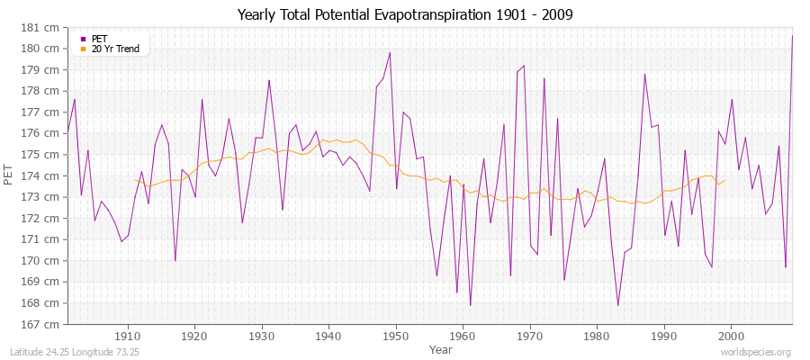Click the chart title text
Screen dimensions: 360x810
coord(405,14)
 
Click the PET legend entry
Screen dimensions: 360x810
coord(99,39)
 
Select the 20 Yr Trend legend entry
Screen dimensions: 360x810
coord(115,49)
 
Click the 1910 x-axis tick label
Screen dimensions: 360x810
coord(128,336)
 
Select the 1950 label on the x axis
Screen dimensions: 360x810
coord(396,336)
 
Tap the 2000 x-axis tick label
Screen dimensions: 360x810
coord(731,336)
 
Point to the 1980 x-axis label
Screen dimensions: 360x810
coord(597,336)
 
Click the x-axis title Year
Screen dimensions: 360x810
coord(441,348)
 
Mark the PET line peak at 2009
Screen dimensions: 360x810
coord(792,35)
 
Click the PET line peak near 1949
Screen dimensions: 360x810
coord(390,52)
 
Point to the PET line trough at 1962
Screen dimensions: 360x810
coord(470,305)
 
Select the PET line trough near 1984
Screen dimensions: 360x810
coord(617,305)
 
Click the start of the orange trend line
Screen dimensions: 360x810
coord(135,180)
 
